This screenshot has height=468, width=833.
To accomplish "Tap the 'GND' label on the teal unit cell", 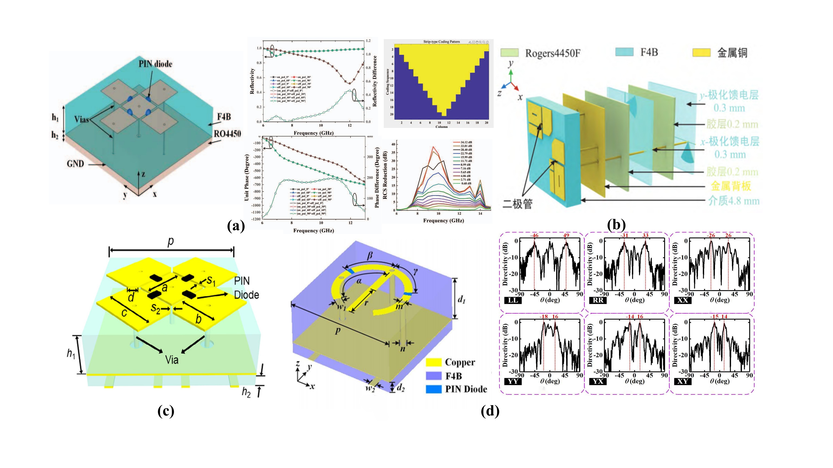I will (x=75, y=164).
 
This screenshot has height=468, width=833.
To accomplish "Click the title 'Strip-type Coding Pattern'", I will (x=441, y=42).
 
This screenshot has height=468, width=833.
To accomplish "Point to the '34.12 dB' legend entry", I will (x=466, y=142).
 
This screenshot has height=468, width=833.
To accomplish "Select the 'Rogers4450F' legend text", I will (x=552, y=53).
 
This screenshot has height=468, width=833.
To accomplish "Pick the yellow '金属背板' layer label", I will (x=731, y=186).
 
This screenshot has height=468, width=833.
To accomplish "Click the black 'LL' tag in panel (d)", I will (x=513, y=300).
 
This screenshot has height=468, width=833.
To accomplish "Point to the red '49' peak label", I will (x=566, y=235).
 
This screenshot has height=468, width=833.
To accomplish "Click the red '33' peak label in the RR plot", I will (x=645, y=235).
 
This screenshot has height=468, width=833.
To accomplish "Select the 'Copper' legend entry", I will (x=460, y=362).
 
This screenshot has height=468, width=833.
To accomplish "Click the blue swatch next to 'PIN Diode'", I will (x=433, y=389).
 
